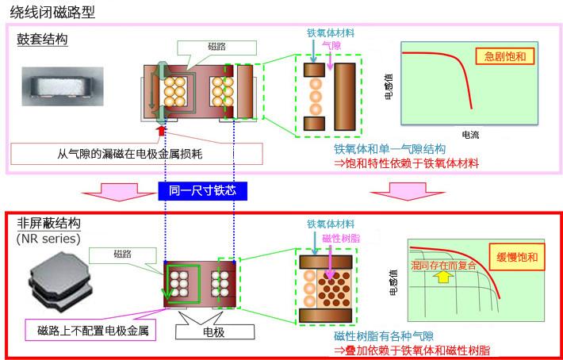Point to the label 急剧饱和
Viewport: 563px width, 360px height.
[x=504, y=56]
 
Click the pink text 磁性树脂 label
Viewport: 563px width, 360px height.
[x=341, y=239]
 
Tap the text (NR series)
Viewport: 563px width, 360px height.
[x=47, y=238]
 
